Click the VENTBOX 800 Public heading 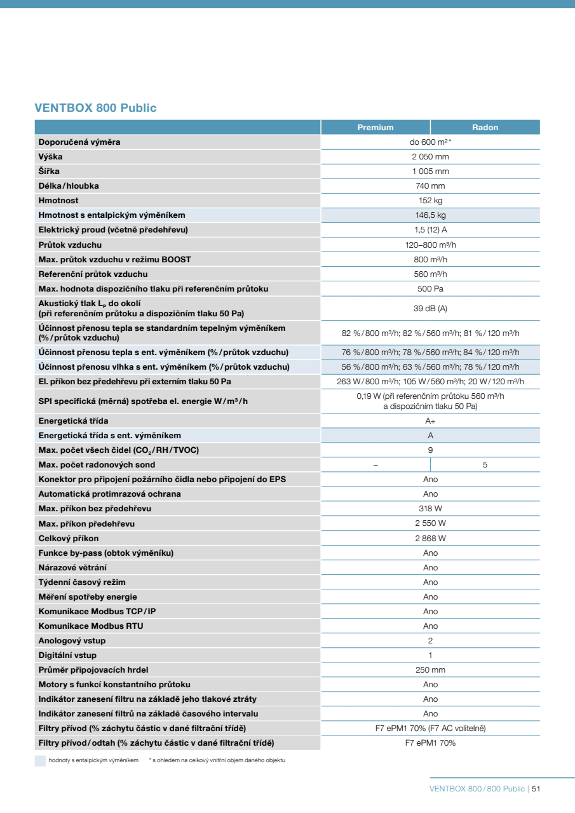click(95, 108)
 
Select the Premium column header click(375, 128)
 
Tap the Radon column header click(485, 128)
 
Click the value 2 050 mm click(430, 157)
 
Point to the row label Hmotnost click(58, 201)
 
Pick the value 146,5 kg click(430, 215)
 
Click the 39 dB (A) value click(430, 308)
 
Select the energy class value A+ click(430, 421)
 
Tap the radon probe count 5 click(485, 465)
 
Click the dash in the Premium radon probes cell click(375, 465)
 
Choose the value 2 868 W click(430, 539)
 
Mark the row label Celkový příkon click(69, 539)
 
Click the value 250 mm click(430, 670)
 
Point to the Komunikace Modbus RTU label click(91, 626)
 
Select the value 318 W click(430, 509)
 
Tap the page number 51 click(536, 789)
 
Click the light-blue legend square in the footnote click(40, 760)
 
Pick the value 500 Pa click(430, 289)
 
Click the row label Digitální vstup click(68, 655)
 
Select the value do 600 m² click(430, 142)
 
